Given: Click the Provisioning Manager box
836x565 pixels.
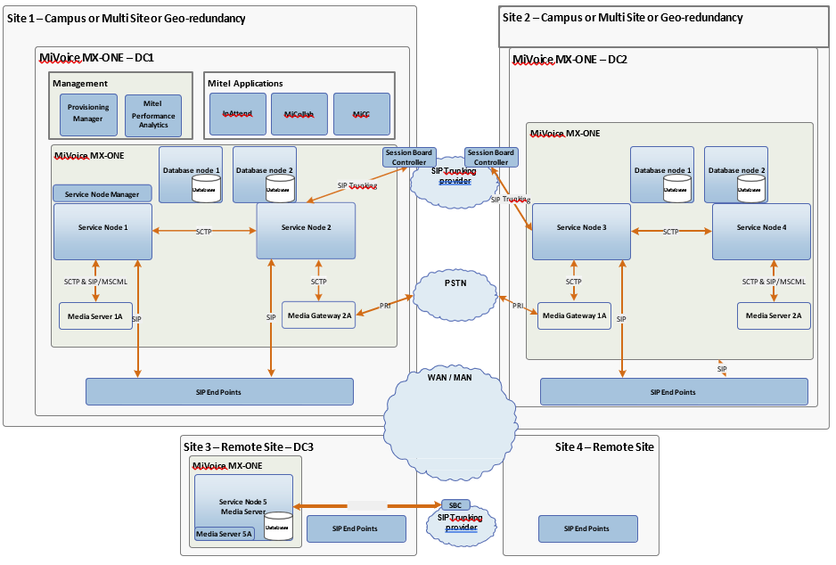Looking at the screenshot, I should tap(87, 113).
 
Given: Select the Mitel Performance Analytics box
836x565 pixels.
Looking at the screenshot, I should tap(152, 115).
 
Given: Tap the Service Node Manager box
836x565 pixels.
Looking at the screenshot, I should tap(102, 193).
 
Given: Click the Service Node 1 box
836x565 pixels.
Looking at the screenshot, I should tap(102, 228).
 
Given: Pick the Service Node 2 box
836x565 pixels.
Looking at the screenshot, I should tap(306, 228).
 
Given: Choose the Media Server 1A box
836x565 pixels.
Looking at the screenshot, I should tap(95, 316).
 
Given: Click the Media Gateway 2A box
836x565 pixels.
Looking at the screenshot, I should tap(319, 315).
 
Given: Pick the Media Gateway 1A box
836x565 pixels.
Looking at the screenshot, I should tap(574, 316).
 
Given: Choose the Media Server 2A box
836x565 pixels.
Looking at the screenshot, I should tap(774, 316).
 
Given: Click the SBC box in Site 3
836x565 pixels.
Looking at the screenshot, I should tap(455, 504).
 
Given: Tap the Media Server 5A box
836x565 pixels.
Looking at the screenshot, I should tap(225, 535).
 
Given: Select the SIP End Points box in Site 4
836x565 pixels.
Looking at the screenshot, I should tap(587, 528).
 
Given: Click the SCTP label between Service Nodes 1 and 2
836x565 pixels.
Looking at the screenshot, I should tap(204, 232).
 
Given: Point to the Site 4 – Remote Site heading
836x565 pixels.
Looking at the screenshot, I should tap(605, 446).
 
